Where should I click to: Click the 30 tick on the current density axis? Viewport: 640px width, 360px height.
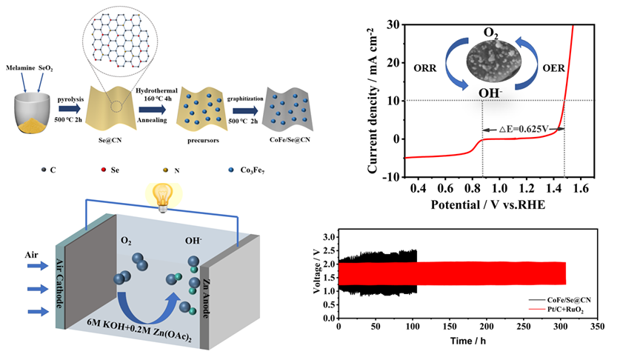(393, 24)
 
